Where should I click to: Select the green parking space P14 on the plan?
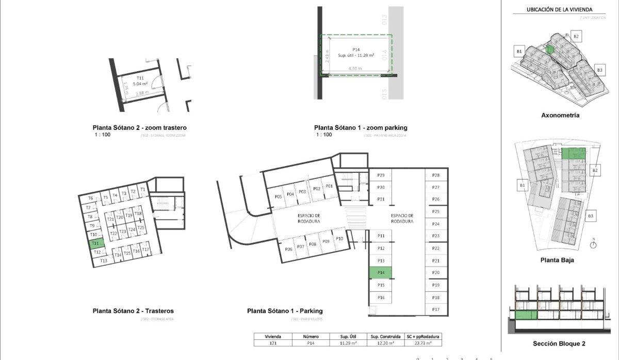[x=381, y=273]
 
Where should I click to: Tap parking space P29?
[x=381, y=176]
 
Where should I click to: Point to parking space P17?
[x=436, y=309]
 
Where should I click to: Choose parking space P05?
[x=278, y=197]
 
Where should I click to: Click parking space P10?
[x=339, y=238]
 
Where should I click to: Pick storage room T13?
[x=104, y=260]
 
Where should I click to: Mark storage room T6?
[x=91, y=199]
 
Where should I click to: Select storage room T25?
[x=141, y=227]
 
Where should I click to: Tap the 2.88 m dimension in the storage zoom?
[x=142, y=93]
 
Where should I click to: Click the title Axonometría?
[x=560, y=116]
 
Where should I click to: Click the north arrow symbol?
[x=593, y=244]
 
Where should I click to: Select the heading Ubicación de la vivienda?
[x=559, y=9]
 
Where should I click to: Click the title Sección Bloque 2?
[x=560, y=343]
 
